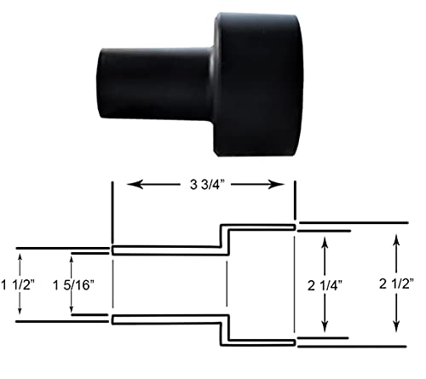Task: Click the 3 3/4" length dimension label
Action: click(x=203, y=183)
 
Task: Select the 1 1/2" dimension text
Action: click(x=19, y=284)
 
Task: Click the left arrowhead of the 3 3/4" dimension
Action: click(x=130, y=183)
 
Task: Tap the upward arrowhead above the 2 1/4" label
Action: click(x=324, y=244)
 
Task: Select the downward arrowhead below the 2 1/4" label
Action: click(x=324, y=329)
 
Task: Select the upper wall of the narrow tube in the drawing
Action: click(x=166, y=250)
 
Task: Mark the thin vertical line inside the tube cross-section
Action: click(x=227, y=284)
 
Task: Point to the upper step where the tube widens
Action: click(x=222, y=238)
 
